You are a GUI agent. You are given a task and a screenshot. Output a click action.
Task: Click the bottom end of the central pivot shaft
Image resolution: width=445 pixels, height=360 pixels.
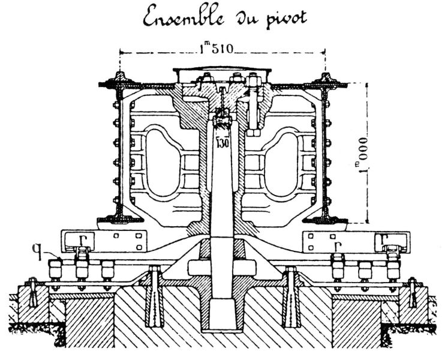coord(222,324)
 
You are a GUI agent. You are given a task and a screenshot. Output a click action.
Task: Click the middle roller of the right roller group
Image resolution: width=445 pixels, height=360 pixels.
coord(365,270)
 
